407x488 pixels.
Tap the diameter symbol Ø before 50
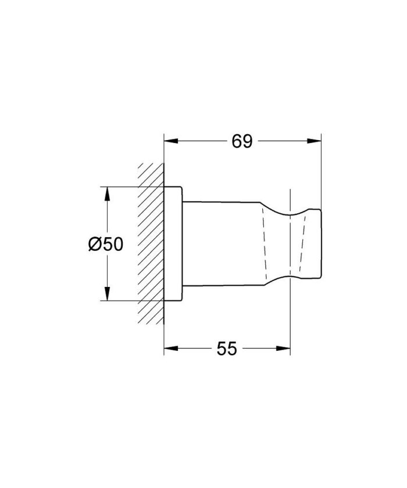pos(95,245)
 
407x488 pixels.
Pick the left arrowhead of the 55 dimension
pos(169,349)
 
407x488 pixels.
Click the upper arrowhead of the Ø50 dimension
pos(107,192)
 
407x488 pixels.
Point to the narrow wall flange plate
pos(174,244)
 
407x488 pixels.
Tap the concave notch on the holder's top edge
pos(288,212)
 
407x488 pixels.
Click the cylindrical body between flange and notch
pos(224,244)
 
